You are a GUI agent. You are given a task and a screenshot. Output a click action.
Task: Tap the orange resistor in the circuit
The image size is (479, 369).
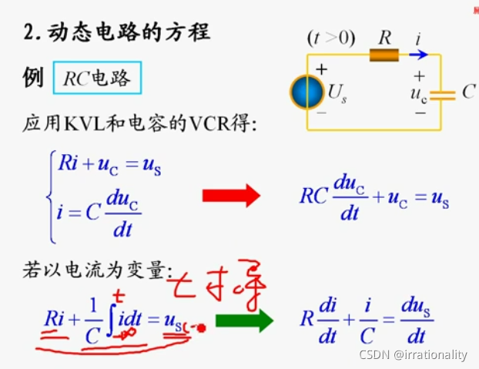pos(384,55)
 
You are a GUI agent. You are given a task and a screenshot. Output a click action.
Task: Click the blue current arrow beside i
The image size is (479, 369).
pos(417,55)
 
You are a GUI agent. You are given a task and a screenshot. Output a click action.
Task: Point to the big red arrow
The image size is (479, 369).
pos(231,196)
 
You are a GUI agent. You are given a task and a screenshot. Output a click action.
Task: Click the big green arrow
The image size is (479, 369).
pos(244,320)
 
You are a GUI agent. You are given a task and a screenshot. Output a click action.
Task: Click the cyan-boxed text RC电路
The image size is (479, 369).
pos(97,79)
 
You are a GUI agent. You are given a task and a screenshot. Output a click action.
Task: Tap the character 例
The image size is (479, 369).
pos(33,78)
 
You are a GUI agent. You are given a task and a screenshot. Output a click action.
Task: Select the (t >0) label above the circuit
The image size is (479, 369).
pos(330,36)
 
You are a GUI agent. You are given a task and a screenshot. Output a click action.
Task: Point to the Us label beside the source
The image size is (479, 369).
pos(337,94)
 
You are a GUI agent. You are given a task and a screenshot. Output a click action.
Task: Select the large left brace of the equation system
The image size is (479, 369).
pos(51,196)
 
